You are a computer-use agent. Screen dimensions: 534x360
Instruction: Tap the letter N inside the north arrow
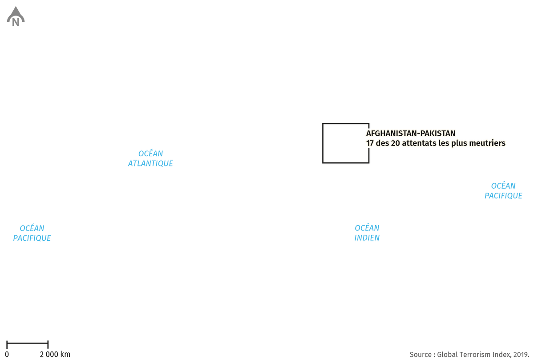click(x=16, y=22)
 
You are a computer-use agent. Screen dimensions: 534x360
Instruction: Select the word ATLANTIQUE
click(x=150, y=164)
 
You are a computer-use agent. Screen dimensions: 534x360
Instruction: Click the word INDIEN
click(x=367, y=238)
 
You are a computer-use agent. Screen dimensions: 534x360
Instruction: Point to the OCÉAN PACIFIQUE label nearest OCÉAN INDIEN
click(x=503, y=191)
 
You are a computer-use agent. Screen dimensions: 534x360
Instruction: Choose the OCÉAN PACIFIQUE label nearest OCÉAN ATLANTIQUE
click(x=32, y=233)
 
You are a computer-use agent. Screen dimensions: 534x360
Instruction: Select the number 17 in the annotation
click(x=370, y=143)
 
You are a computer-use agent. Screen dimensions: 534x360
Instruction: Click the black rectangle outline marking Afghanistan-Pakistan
click(x=323, y=143)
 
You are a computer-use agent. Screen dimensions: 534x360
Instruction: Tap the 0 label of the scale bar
click(x=7, y=354)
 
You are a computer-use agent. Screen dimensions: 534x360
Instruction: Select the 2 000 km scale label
click(x=55, y=354)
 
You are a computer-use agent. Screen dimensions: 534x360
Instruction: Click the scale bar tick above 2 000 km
click(x=48, y=345)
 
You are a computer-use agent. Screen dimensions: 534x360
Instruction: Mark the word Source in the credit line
click(x=421, y=355)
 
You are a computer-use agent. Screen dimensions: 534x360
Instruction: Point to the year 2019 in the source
click(x=520, y=355)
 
